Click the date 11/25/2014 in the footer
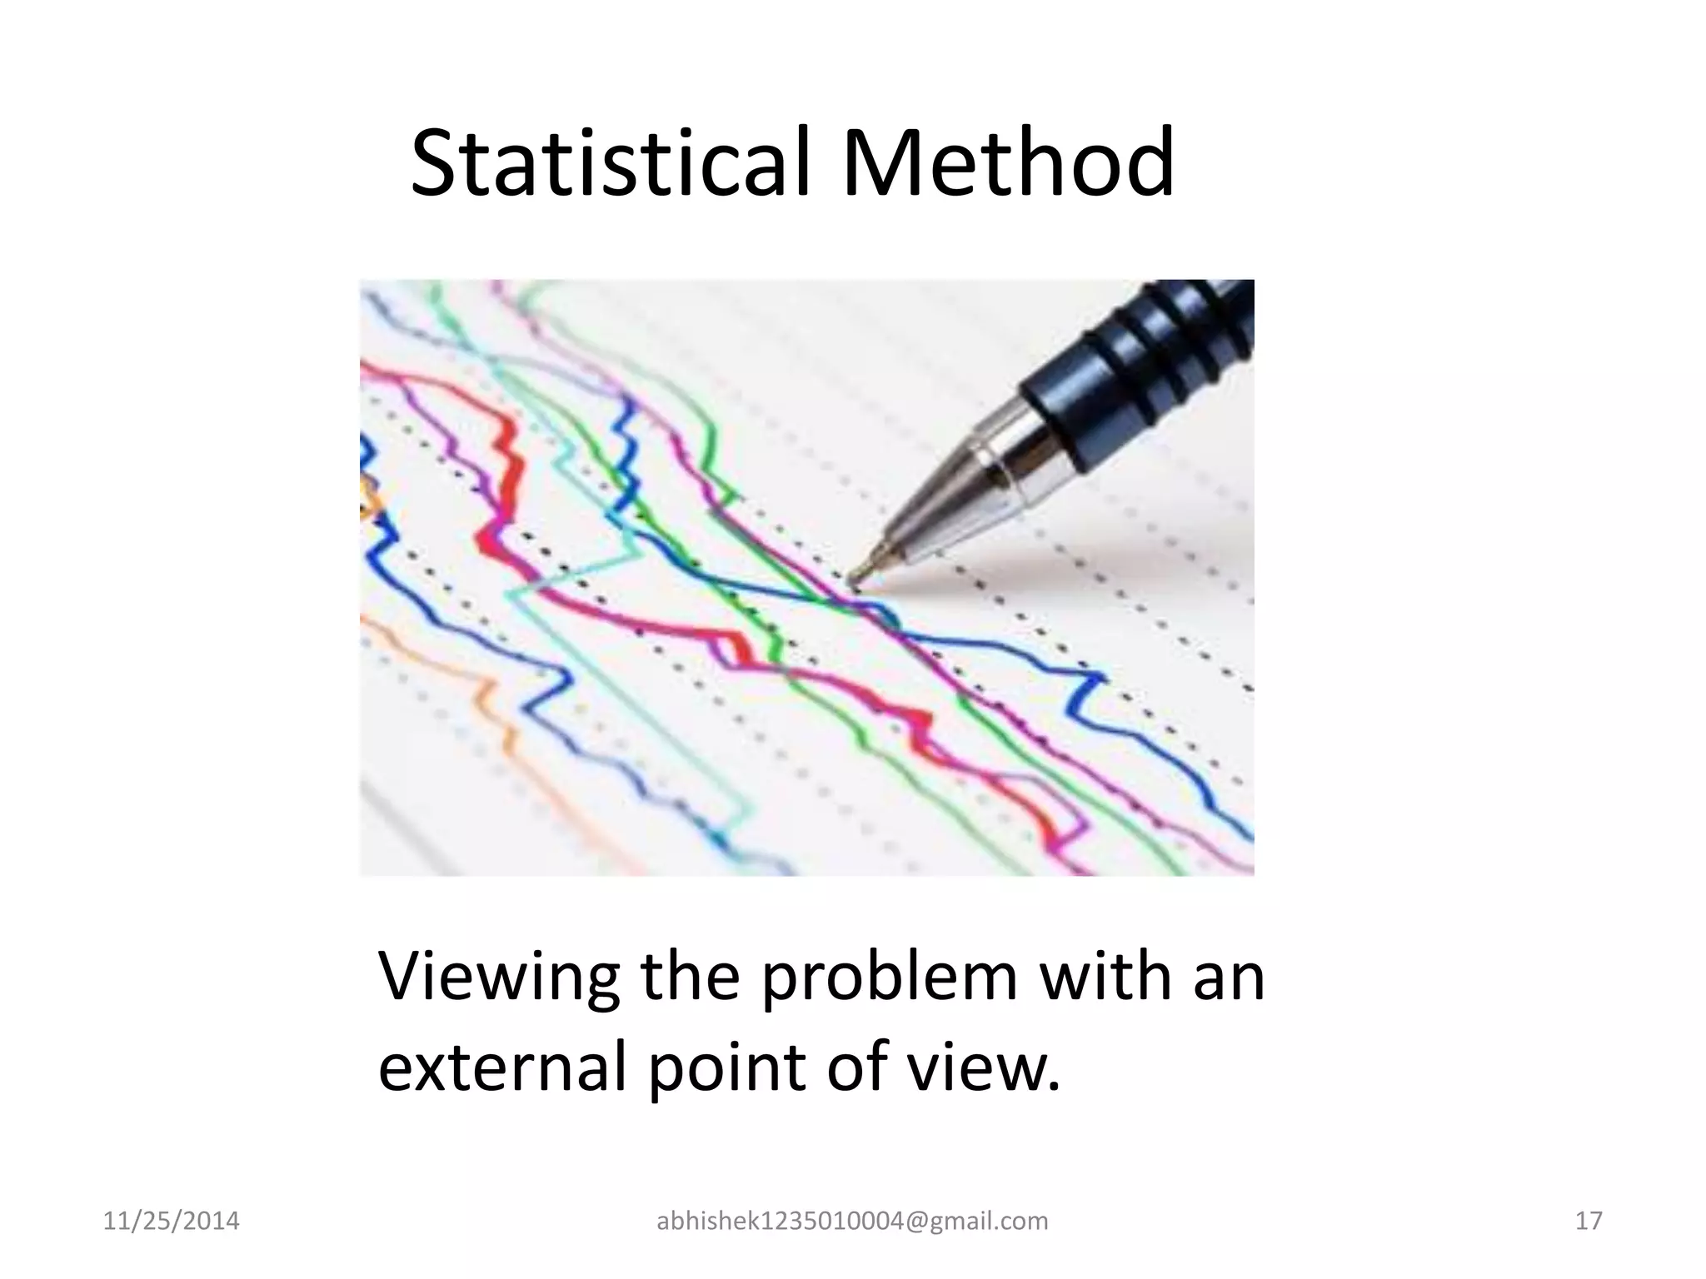coord(171,1222)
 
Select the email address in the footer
coord(852,1222)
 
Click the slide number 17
coord(1589,1222)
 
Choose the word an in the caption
coord(1229,978)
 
